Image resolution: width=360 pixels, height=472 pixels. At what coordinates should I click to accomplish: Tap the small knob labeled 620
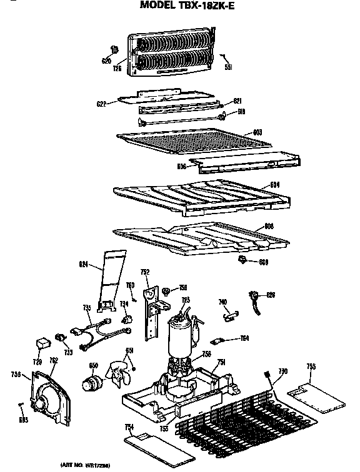click(x=114, y=49)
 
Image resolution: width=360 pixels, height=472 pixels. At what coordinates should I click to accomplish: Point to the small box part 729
click(x=42, y=343)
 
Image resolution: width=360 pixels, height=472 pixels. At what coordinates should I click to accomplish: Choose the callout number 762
click(x=53, y=360)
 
